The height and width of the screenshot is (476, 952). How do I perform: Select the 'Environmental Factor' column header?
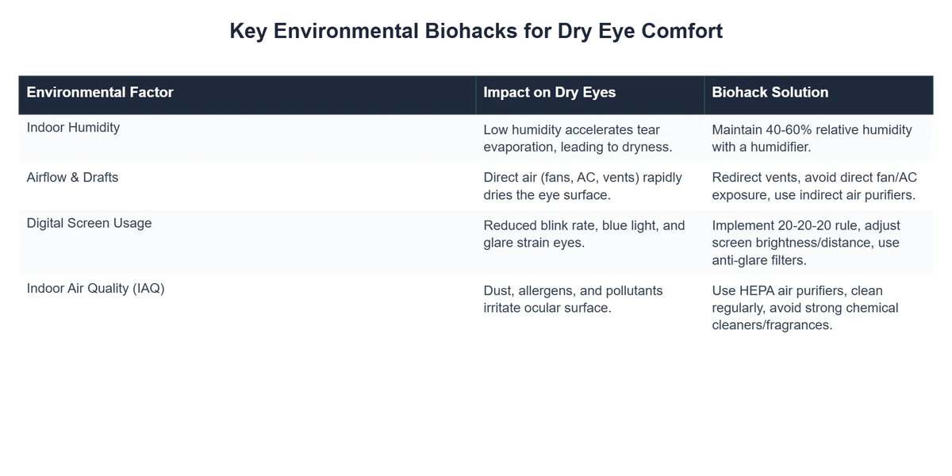click(x=100, y=93)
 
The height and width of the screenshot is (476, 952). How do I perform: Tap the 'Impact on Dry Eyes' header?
click(x=549, y=93)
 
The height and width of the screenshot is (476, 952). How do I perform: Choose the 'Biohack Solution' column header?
click(x=770, y=93)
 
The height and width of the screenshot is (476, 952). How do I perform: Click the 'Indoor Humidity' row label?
click(x=73, y=127)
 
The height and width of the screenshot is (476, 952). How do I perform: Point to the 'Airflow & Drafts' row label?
click(x=72, y=177)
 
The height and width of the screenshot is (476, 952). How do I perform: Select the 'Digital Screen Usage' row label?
click(x=89, y=224)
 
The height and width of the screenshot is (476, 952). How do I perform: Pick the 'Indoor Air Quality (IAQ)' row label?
click(x=95, y=289)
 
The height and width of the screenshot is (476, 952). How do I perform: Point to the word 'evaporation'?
click(x=521, y=147)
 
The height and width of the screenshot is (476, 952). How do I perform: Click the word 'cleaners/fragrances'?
click(x=772, y=324)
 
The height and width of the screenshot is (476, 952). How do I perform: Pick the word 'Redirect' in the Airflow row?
click(x=739, y=178)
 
